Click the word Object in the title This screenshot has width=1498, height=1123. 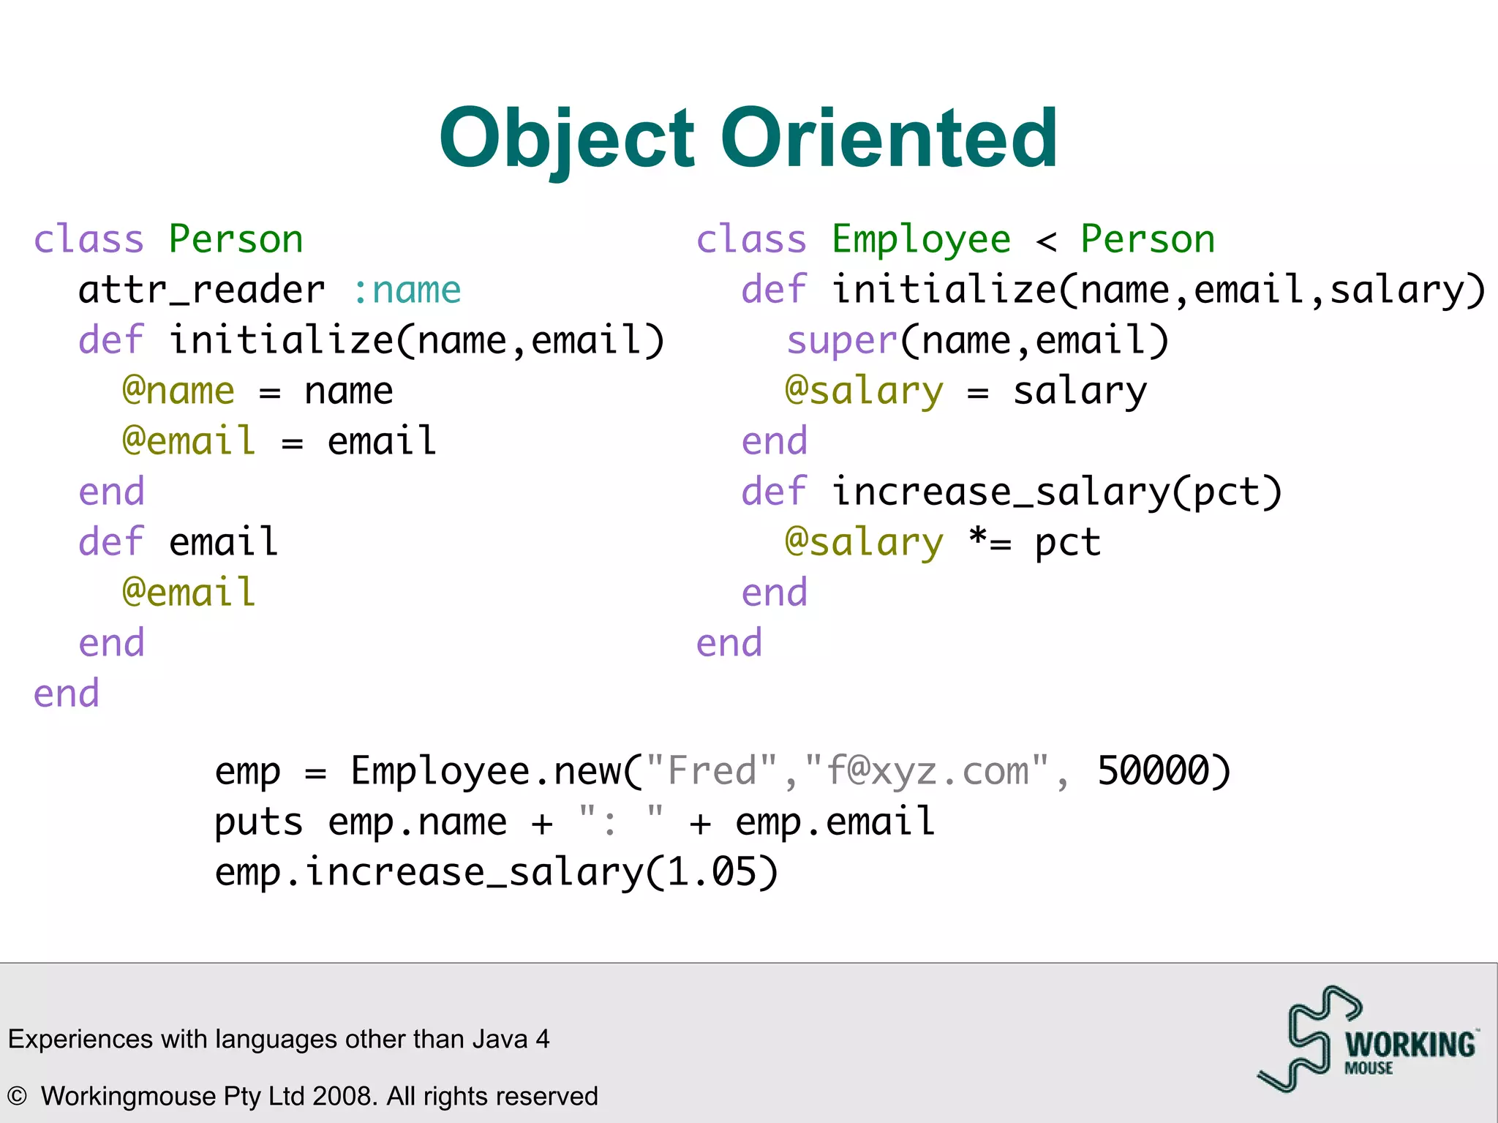566,139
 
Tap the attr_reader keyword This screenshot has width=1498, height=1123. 201,290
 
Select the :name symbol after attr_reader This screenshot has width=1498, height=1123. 407,290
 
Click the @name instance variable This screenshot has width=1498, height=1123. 178,391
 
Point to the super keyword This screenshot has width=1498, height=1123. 841,342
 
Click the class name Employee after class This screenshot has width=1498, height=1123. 921,240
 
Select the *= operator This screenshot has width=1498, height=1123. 990,542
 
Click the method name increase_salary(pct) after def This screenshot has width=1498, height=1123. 1057,492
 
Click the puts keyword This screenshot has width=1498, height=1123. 258,822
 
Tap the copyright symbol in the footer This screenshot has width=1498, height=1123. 17,1096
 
